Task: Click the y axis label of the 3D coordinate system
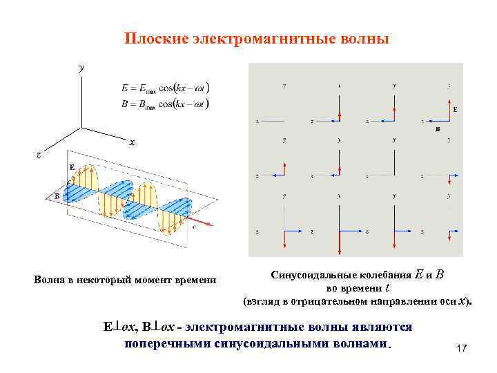click(81, 68)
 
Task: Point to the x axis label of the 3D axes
click(132, 142)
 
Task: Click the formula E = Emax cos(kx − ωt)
click(165, 88)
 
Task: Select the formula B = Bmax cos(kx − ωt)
click(165, 104)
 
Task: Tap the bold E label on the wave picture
click(72, 167)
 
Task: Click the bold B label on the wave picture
click(57, 196)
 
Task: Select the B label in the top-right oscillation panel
click(437, 129)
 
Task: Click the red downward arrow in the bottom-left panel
click(284, 238)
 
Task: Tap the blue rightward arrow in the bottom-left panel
click(295, 230)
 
